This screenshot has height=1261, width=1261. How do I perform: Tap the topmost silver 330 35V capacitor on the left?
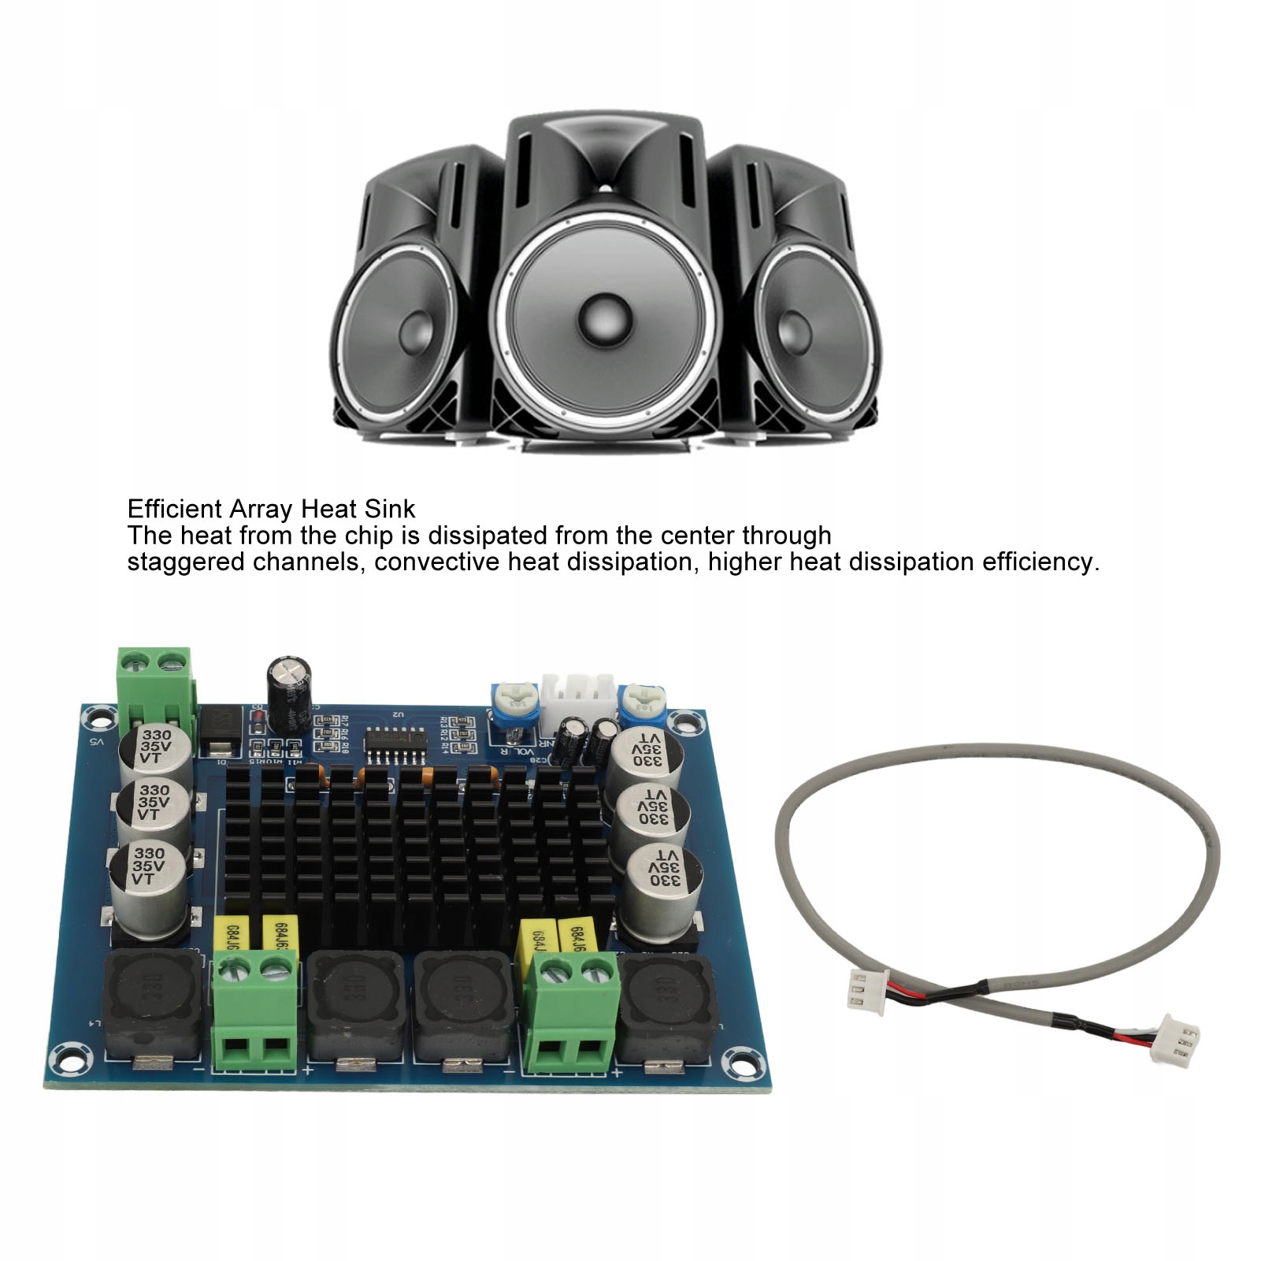155,749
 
